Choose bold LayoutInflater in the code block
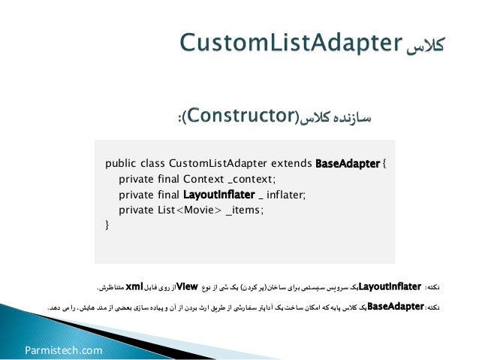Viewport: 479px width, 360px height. tap(219, 194)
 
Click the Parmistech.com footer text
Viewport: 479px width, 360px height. tap(63, 349)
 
